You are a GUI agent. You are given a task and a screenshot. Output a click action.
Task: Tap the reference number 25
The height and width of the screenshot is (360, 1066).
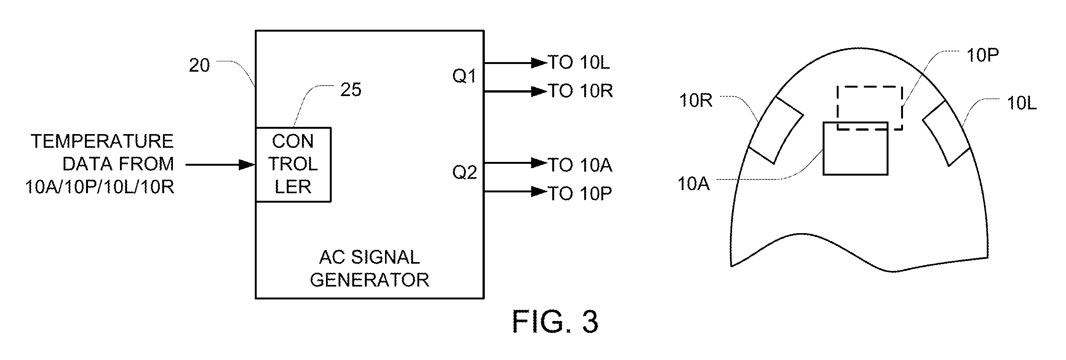[350, 90]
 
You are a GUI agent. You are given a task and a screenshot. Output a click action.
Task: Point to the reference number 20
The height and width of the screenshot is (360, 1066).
[199, 66]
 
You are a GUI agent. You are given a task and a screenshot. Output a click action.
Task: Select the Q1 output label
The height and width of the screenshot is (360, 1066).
[464, 76]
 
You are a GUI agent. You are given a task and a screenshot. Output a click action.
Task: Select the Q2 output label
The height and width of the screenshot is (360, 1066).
[464, 172]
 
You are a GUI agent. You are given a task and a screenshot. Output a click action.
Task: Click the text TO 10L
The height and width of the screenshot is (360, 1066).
[579, 62]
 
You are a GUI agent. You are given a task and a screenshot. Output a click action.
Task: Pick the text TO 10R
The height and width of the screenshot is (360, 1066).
[580, 91]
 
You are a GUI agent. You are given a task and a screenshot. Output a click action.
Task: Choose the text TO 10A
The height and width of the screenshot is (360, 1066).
[580, 165]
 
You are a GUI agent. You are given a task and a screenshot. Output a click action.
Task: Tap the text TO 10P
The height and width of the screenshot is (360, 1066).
[580, 194]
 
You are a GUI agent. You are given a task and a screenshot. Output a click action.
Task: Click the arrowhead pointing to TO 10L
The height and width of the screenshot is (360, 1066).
[539, 63]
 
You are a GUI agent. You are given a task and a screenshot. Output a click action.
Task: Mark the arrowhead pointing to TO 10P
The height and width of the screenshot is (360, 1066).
[539, 192]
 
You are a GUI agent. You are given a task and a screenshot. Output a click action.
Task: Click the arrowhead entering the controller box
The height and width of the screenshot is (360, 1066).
[247, 165]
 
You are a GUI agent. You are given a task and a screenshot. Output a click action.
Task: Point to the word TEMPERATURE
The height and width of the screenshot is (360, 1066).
[102, 141]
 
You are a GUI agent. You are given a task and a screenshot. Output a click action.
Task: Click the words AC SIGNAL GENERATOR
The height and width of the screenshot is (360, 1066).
[369, 269]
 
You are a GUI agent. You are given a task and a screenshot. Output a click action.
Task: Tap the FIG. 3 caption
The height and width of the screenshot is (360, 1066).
[555, 322]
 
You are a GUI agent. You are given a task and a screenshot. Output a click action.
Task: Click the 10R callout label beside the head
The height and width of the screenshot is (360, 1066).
[696, 101]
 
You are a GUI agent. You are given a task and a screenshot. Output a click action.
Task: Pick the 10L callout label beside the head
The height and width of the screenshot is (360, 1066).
[1022, 103]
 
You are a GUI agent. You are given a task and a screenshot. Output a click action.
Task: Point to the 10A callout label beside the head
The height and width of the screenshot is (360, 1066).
[694, 184]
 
